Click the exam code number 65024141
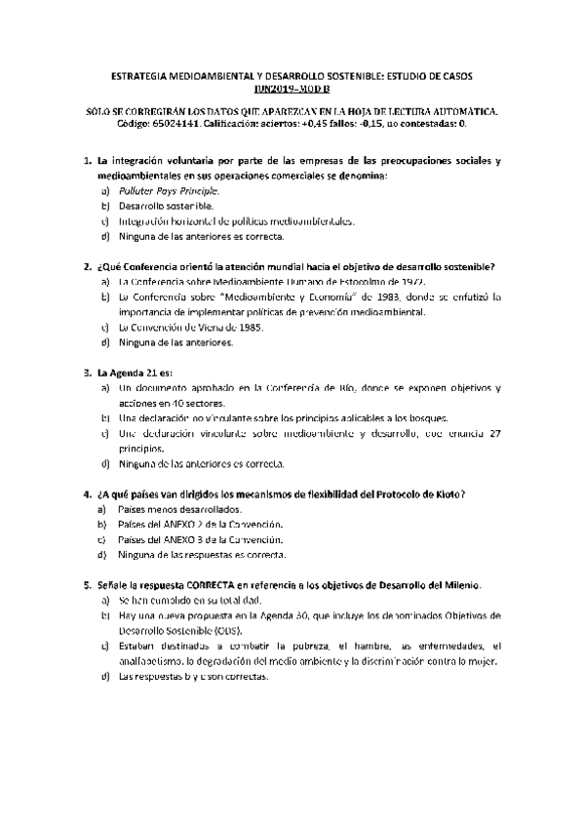[x=129, y=125]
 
